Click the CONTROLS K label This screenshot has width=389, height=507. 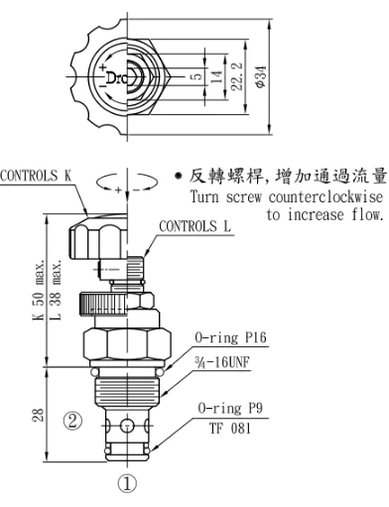pos(36,176)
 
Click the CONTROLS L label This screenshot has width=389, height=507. pos(195,226)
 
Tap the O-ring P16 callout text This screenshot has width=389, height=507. pos(230,338)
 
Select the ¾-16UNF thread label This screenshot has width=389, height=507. pos(222,362)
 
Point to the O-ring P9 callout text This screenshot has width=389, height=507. pos(230,408)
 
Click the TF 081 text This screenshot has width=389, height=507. pos(230,429)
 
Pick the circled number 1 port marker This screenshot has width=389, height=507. pos(127,484)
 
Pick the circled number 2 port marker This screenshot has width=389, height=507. pos(72,421)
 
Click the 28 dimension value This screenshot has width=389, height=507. pos(38,415)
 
